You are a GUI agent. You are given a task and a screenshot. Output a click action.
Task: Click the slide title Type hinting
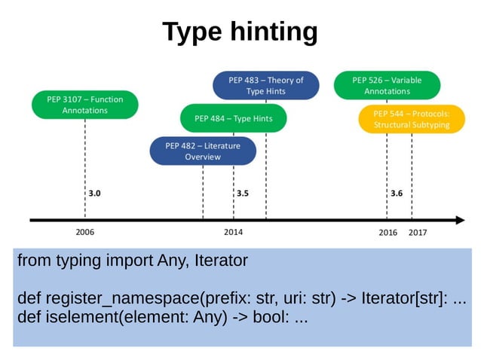coord(240,32)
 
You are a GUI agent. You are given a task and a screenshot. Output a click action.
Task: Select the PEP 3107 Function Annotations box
coord(85,105)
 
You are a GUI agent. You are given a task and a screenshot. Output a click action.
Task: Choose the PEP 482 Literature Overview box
coord(203,151)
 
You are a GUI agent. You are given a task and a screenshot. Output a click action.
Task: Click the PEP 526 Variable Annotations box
coord(387,86)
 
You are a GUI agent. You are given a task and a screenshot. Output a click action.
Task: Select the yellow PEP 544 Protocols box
coord(412,119)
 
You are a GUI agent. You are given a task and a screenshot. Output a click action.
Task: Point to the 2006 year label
coord(85,233)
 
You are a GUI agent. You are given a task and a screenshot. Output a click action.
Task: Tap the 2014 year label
coord(233,233)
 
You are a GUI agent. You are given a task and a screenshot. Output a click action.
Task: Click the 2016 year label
coord(388,233)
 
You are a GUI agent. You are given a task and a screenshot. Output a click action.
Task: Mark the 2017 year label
coord(417,233)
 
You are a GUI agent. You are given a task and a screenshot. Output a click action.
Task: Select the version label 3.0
coord(94,194)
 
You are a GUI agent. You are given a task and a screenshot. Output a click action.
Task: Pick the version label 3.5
coord(243,194)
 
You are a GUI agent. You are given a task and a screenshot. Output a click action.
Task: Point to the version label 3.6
coord(397,194)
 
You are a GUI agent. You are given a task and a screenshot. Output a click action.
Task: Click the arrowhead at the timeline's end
coord(459,220)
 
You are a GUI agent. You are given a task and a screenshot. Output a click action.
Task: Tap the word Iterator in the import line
coord(221,261)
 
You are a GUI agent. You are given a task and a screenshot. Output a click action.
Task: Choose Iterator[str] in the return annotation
coord(406,299)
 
